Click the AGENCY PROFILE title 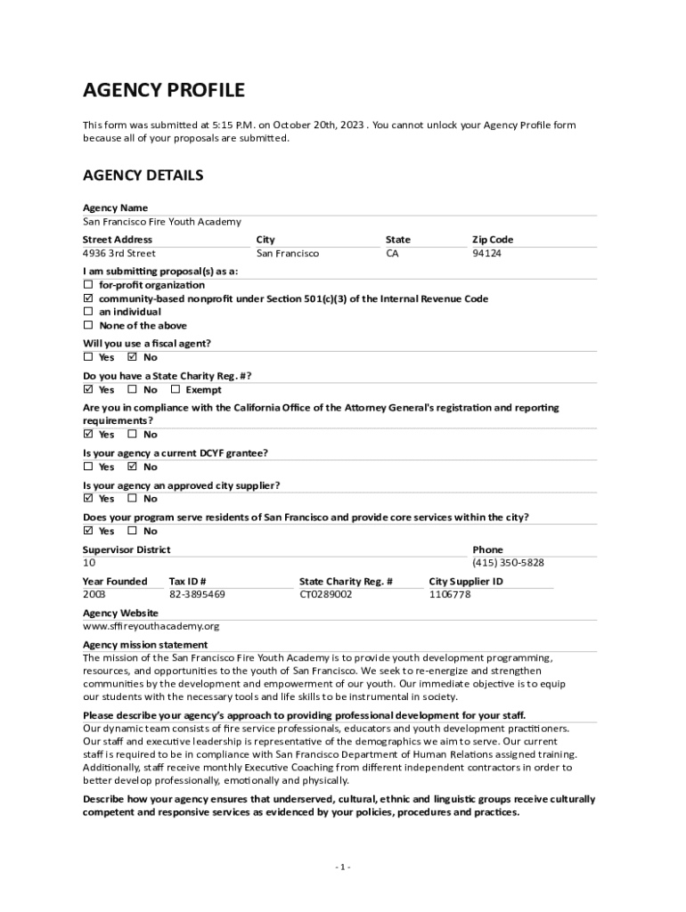pos(163,90)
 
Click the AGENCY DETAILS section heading pos(143,175)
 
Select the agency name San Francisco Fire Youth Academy pos(161,222)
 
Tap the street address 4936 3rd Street pos(118,254)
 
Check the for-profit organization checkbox pos(88,285)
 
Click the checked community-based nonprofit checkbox pos(88,299)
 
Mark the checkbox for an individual pos(88,313)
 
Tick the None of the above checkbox pos(88,326)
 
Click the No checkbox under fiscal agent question pos(133,358)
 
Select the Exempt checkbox pos(176,390)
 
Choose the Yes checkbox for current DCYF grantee pos(88,467)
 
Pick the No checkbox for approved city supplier pos(133,499)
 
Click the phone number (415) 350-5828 pos(508,563)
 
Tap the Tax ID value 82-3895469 pos(197,594)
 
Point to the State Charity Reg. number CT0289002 pos(325,594)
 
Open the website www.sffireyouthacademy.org pos(151,626)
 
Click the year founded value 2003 pos(94,594)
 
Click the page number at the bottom pos(343,867)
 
